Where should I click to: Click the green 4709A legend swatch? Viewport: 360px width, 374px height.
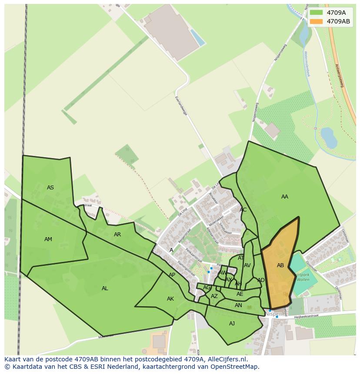(x=317, y=13)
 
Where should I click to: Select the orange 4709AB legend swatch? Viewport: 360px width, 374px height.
(x=317, y=21)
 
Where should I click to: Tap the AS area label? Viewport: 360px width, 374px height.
(x=50, y=188)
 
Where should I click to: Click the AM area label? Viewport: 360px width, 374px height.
(x=48, y=239)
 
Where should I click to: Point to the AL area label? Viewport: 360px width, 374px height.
(x=105, y=288)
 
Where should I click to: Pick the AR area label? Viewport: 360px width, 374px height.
(x=117, y=235)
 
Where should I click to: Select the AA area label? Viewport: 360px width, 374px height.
(x=285, y=197)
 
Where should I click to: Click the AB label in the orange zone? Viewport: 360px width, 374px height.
(x=280, y=265)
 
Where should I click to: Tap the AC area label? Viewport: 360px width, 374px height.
(x=243, y=210)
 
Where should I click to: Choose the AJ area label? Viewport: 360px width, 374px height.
(x=232, y=323)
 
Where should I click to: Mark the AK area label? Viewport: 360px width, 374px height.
(x=170, y=299)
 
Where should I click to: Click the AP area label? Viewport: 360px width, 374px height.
(x=172, y=275)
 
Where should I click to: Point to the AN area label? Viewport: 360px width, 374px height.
(x=238, y=305)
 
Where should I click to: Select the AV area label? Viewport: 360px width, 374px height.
(x=247, y=265)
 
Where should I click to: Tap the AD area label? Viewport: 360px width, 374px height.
(x=261, y=280)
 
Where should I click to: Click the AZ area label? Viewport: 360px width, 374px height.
(x=214, y=296)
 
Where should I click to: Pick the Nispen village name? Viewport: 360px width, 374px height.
(x=274, y=314)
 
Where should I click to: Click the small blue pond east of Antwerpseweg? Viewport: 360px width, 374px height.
(x=329, y=138)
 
